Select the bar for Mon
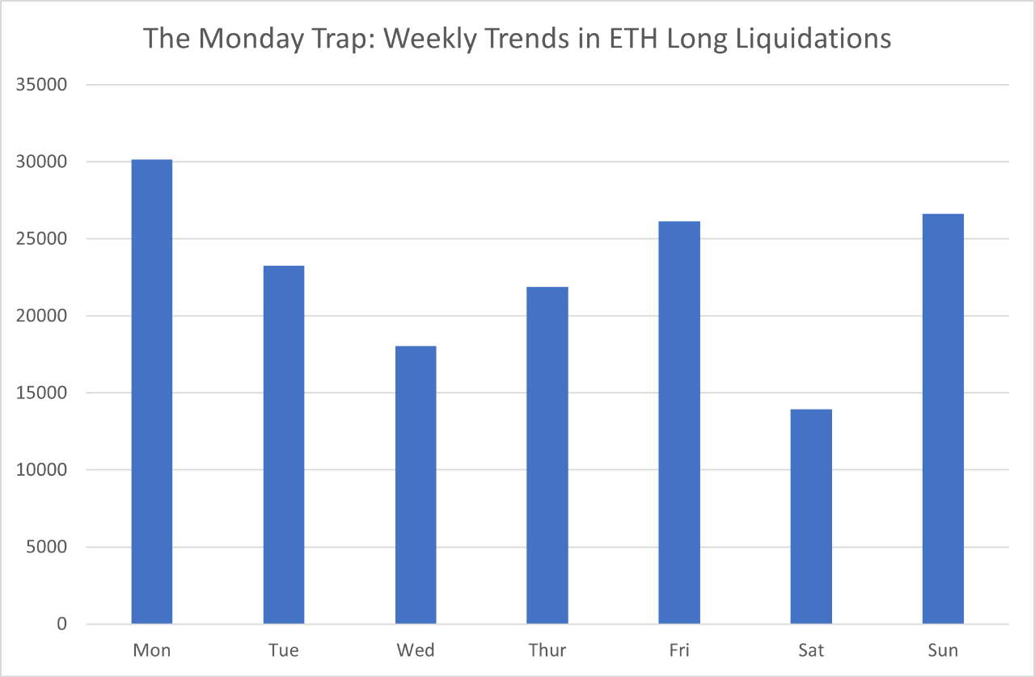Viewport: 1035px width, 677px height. [x=152, y=392]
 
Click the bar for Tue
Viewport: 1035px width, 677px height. [x=284, y=444]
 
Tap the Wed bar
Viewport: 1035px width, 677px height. [x=416, y=485]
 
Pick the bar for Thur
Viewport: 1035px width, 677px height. [x=547, y=455]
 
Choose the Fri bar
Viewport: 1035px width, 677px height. [x=679, y=423]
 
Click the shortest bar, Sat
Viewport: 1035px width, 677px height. [x=811, y=516]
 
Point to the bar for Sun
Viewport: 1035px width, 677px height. [x=943, y=418]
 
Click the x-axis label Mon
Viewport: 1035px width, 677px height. [x=152, y=650]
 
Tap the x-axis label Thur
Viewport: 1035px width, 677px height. [x=547, y=650]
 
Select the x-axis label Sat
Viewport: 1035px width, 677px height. [x=811, y=650]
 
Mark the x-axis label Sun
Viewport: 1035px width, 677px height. [x=943, y=650]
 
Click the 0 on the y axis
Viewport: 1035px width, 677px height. [x=62, y=624]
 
